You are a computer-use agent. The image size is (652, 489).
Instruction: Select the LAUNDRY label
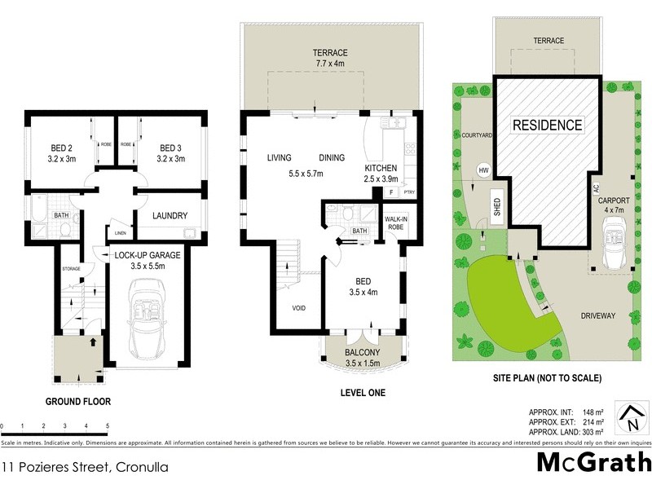(170, 216)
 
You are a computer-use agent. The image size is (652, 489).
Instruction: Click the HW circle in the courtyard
(482, 170)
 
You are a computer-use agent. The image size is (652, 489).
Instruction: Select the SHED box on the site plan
(496, 209)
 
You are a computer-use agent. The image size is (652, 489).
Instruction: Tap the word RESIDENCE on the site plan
(547, 126)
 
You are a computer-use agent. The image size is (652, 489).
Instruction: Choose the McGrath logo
(594, 462)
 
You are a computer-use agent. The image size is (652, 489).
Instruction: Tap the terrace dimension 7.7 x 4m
(331, 64)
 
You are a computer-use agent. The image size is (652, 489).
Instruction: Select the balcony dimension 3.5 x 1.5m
(363, 363)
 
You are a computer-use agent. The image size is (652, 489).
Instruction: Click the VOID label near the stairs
(299, 308)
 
